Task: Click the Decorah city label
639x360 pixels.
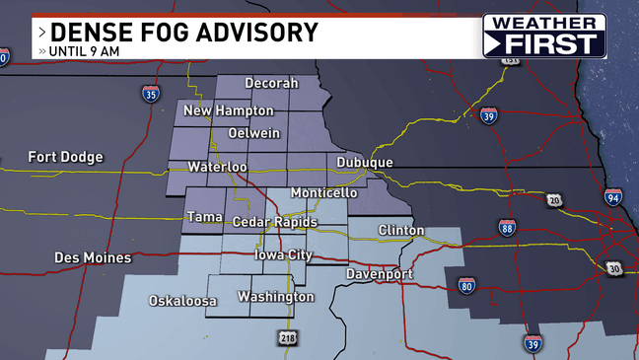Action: (x=271, y=84)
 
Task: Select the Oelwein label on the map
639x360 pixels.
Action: (x=253, y=133)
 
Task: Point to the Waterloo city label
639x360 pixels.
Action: (x=217, y=167)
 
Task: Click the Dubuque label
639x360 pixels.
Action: (x=364, y=163)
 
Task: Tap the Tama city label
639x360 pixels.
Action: (x=204, y=216)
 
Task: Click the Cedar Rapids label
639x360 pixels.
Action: (x=274, y=223)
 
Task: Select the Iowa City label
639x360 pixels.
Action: (x=284, y=254)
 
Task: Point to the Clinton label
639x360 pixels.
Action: (x=401, y=231)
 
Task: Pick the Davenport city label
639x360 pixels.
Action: (x=380, y=273)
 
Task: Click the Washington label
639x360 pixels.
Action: (x=275, y=297)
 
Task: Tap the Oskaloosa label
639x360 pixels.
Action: (x=182, y=301)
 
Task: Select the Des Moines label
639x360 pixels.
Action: (x=93, y=258)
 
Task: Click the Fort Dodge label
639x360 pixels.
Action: (x=65, y=157)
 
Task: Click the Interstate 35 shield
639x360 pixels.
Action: (x=150, y=95)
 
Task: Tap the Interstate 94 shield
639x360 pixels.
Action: (x=613, y=196)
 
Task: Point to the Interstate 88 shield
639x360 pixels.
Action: (x=507, y=228)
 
